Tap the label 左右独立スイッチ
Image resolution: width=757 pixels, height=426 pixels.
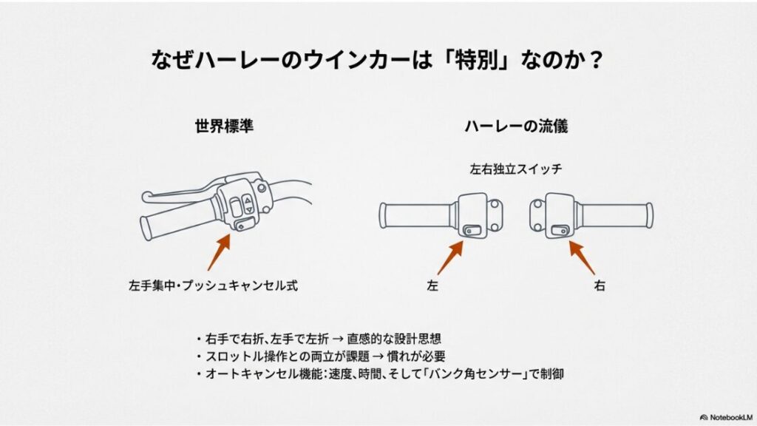coord(516,169)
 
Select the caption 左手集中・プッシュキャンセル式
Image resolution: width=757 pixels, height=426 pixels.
coord(213,285)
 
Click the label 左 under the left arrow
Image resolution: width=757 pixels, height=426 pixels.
coord(432,285)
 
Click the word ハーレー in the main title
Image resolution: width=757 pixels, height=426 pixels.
coord(231,58)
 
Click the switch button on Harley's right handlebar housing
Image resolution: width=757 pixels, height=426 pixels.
coord(557,231)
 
